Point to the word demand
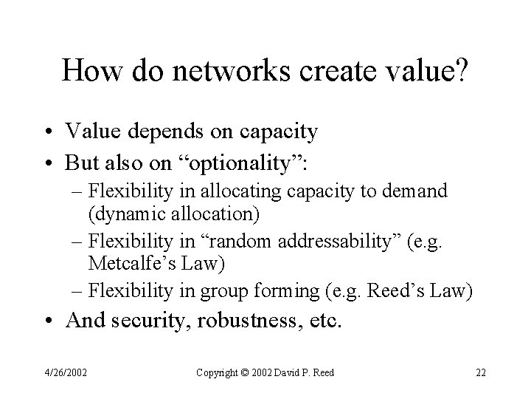pos(413,191)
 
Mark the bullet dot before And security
pos(49,321)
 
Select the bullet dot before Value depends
pos(49,133)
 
